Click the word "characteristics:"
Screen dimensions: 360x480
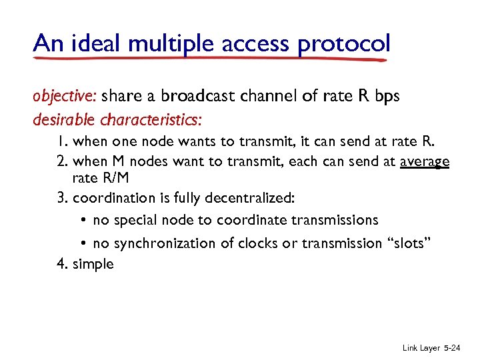pos(151,121)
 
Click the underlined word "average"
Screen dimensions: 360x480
pos(425,162)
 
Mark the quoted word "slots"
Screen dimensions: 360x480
pos(411,243)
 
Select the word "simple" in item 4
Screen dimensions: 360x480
pos(93,265)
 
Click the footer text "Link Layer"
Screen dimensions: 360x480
pos(421,348)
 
